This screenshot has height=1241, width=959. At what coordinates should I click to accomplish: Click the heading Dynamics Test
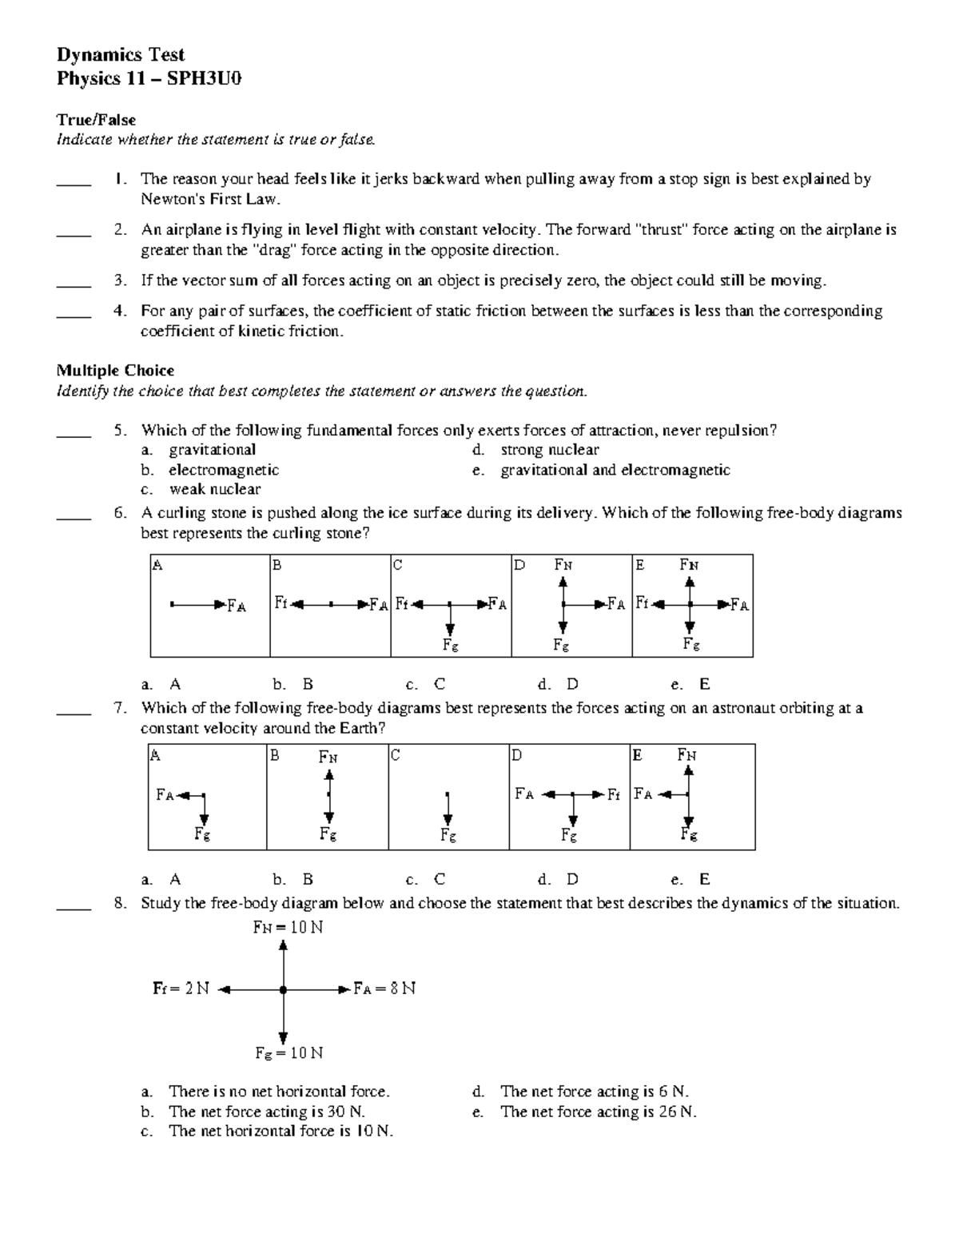(120, 55)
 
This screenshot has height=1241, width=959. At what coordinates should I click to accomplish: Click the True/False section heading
(96, 120)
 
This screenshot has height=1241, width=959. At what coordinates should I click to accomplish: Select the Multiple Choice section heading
(115, 370)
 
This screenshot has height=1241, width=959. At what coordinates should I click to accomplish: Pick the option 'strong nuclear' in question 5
(550, 450)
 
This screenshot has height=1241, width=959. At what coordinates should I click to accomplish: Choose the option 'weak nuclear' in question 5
(214, 489)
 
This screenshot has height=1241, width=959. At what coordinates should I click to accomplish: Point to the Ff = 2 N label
(181, 988)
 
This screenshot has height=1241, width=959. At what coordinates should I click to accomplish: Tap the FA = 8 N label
(385, 988)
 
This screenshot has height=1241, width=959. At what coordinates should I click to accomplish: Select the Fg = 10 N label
(289, 1053)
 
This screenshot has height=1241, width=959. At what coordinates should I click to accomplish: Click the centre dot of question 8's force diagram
(283, 989)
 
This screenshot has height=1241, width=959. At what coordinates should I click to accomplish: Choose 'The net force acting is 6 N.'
(595, 1092)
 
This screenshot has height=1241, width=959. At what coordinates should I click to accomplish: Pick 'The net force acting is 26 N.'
(598, 1112)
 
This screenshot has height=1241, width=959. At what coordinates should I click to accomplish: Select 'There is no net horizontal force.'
(279, 1092)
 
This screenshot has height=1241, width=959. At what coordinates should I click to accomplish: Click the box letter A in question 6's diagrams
(157, 565)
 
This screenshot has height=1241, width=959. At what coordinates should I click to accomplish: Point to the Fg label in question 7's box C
(448, 836)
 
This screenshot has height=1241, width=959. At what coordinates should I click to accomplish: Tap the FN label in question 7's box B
(328, 757)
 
